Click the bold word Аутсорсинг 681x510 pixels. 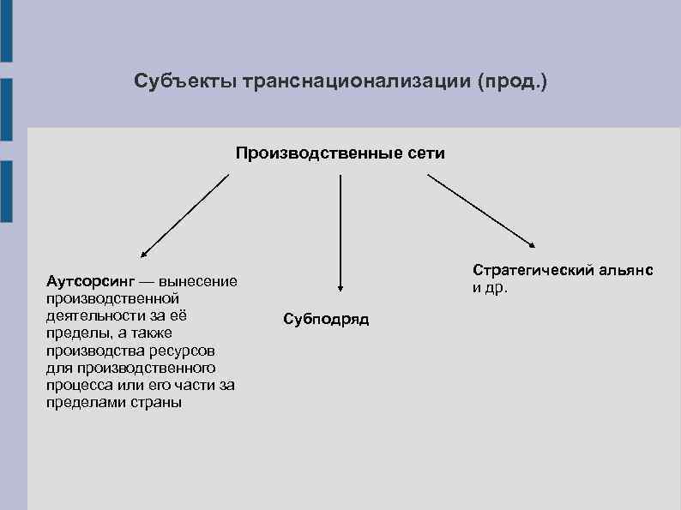click(90, 281)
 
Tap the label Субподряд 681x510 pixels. click(326, 320)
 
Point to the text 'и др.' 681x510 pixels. click(490, 287)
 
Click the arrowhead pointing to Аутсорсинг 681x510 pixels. click(144, 255)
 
